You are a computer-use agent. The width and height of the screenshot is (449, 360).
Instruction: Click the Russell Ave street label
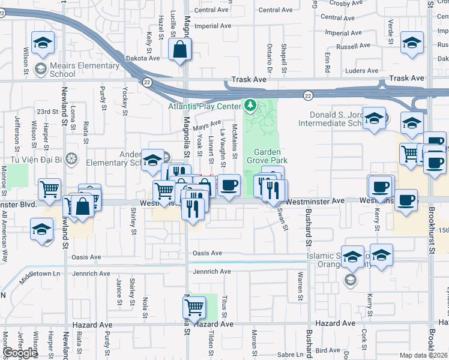(353, 46)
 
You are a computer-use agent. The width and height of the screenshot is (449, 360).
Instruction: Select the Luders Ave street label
(362, 71)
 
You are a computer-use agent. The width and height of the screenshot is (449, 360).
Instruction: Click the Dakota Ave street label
(143, 58)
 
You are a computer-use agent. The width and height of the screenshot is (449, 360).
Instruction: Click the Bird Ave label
(327, 350)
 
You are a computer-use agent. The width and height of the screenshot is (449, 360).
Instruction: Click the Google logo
(19, 353)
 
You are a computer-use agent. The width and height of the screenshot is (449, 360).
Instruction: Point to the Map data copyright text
(423, 355)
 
